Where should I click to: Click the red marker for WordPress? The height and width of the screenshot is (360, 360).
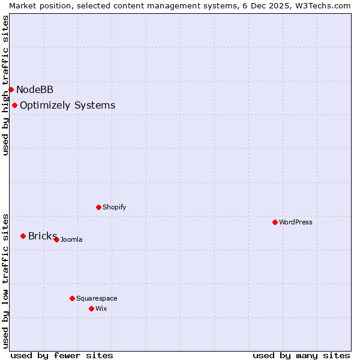(x=275, y=222)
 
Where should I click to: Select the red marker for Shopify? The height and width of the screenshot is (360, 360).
(x=98, y=207)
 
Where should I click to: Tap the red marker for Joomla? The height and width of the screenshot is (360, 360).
(x=56, y=239)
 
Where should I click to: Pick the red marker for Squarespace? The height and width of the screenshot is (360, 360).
(x=72, y=298)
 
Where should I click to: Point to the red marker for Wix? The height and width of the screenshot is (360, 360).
(x=91, y=308)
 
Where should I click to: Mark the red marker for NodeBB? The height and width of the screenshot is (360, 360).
(x=11, y=89)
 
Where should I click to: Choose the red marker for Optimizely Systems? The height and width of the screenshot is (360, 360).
(x=14, y=105)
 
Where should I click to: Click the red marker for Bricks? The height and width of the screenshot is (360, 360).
(x=23, y=236)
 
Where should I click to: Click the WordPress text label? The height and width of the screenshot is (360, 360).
(x=296, y=222)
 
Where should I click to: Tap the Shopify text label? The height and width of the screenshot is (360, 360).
(x=114, y=207)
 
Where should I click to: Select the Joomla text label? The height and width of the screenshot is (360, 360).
(x=71, y=239)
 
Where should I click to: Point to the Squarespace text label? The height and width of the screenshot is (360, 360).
(x=97, y=298)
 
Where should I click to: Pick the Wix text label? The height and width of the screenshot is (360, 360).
(x=101, y=308)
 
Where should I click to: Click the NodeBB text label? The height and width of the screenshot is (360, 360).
(x=35, y=89)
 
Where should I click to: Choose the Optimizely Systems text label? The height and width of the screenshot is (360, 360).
(x=67, y=105)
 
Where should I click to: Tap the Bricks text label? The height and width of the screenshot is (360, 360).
(x=42, y=236)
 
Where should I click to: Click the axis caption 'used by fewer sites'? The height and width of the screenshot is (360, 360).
(x=62, y=355)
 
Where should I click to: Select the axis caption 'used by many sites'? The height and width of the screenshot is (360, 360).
(x=301, y=355)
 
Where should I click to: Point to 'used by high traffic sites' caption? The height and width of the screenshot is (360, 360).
(x=5, y=85)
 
